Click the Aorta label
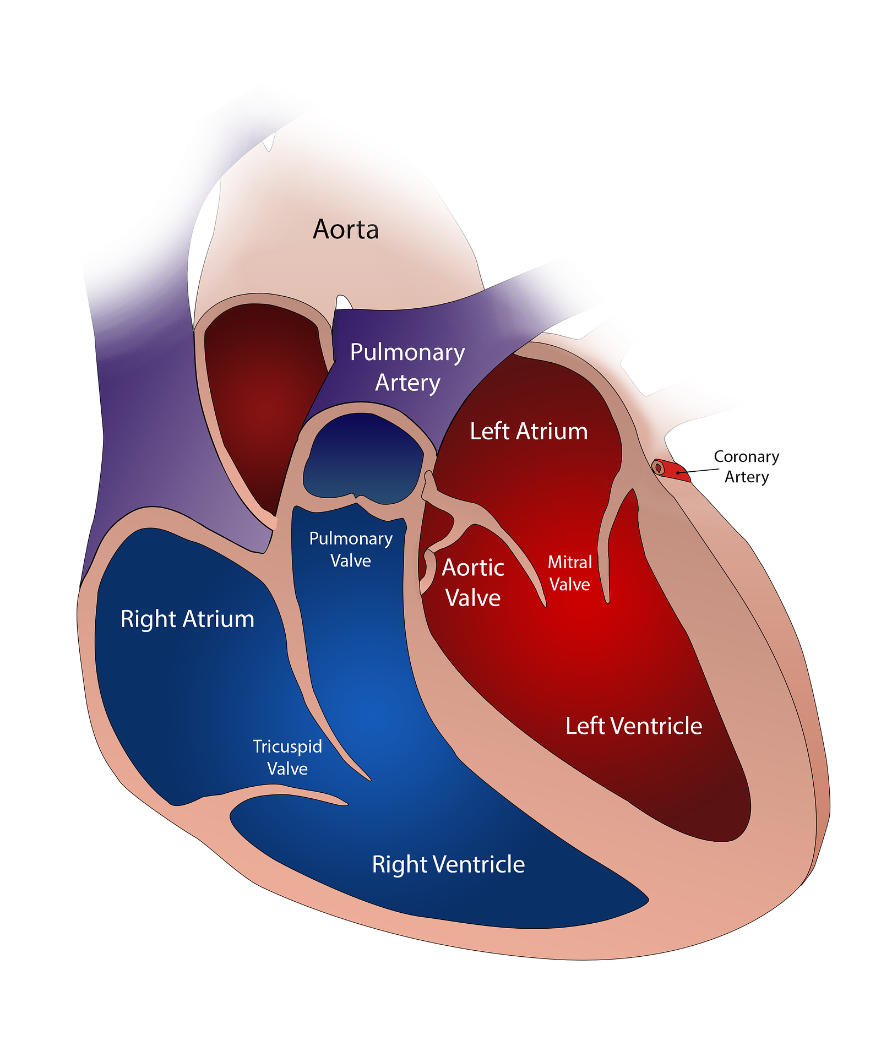tap(346, 230)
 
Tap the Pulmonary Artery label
tap(407, 367)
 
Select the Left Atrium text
tap(529, 431)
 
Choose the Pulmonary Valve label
tap(351, 549)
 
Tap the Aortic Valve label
tap(473, 582)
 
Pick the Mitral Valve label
tap(570, 573)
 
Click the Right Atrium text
tap(187, 619)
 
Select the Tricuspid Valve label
tap(287, 757)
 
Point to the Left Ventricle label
tap(634, 726)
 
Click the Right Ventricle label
tap(448, 864)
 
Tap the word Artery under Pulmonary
tap(407, 383)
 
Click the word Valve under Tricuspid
tap(287, 769)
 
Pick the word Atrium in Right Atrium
tap(220, 619)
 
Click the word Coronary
tap(746, 456)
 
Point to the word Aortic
tap(473, 568)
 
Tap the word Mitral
tap(570, 562)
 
